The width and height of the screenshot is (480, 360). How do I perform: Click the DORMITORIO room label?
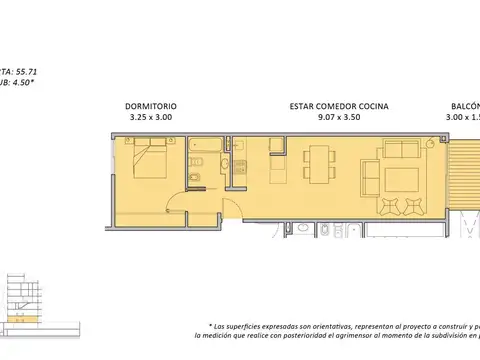pyautogui.click(x=151, y=105)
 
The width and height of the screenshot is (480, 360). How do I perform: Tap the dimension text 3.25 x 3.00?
pyautogui.click(x=151, y=117)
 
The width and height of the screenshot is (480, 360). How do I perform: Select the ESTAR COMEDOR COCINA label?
pyautogui.click(x=340, y=105)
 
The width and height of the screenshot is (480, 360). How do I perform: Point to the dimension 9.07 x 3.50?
pyautogui.click(x=340, y=117)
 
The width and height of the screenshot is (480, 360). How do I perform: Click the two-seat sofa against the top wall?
pyautogui.click(x=402, y=152)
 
